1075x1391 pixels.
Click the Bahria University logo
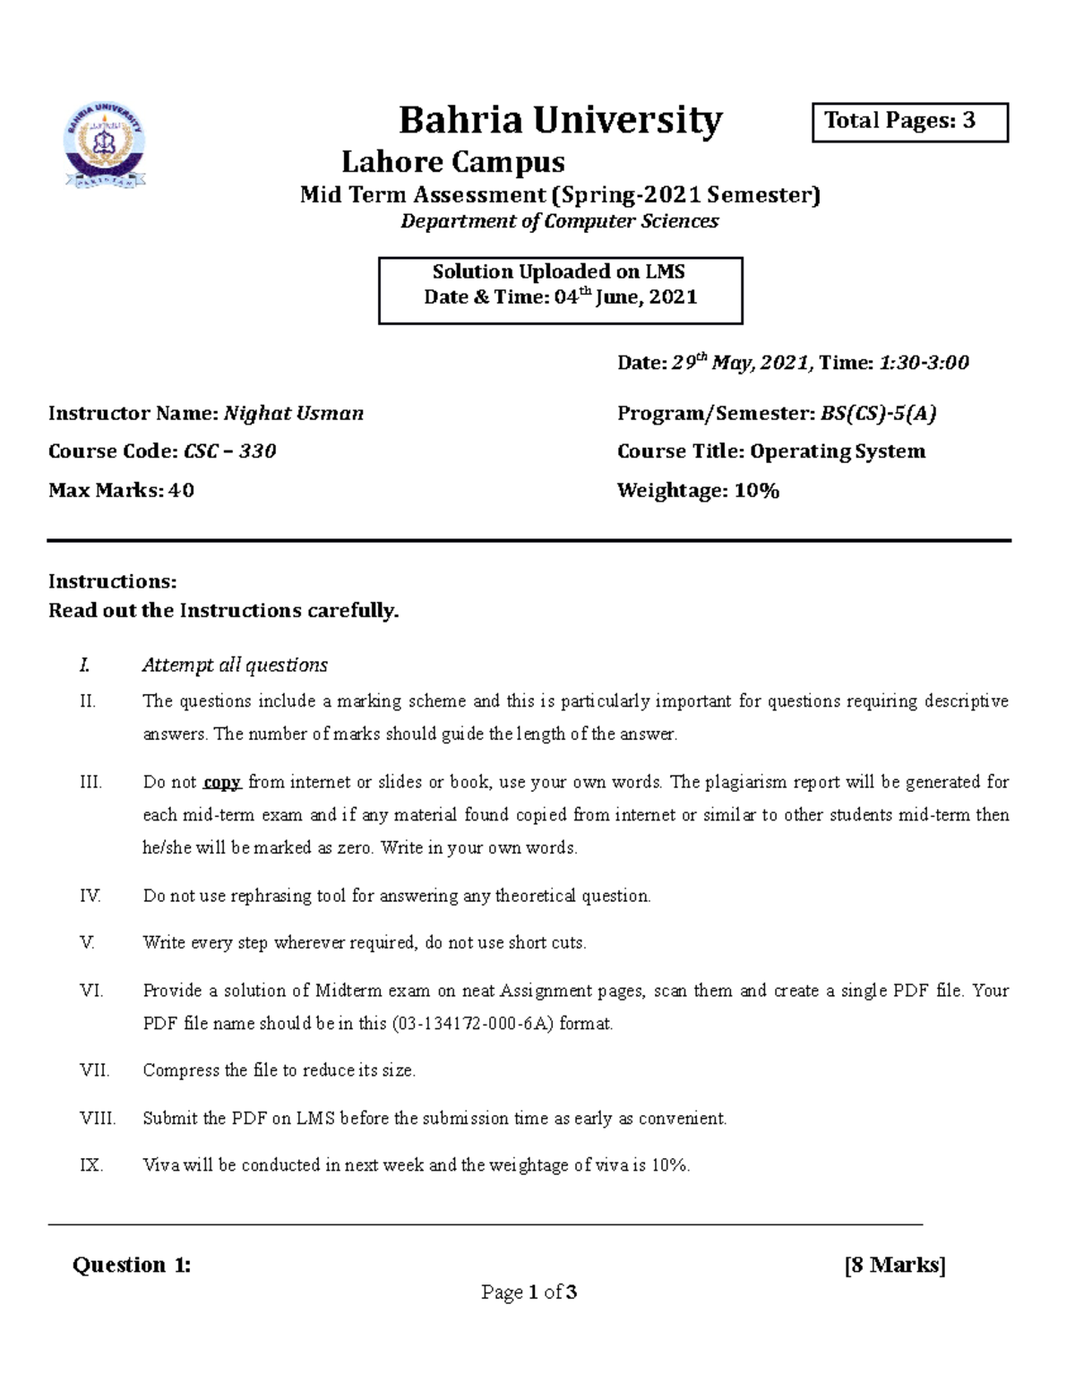[105, 149]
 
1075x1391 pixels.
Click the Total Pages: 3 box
[909, 122]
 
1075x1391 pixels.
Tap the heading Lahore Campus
[453, 162]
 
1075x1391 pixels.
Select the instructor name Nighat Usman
[293, 413]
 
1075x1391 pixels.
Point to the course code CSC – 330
[229, 451]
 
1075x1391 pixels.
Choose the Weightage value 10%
[757, 490]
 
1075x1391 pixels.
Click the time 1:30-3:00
[924, 363]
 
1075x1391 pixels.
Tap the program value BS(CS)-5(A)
[879, 413]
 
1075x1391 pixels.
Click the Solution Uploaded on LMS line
[559, 272]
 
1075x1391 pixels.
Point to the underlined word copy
[222, 782]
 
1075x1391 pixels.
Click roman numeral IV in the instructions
[90, 896]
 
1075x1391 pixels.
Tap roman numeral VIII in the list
[98, 1118]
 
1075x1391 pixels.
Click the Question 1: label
[132, 1265]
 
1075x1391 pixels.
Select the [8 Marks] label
[895, 1265]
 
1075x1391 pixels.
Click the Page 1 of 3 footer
[529, 1292]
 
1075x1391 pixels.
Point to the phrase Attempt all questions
[235, 665]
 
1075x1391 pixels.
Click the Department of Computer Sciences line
[559, 221]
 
